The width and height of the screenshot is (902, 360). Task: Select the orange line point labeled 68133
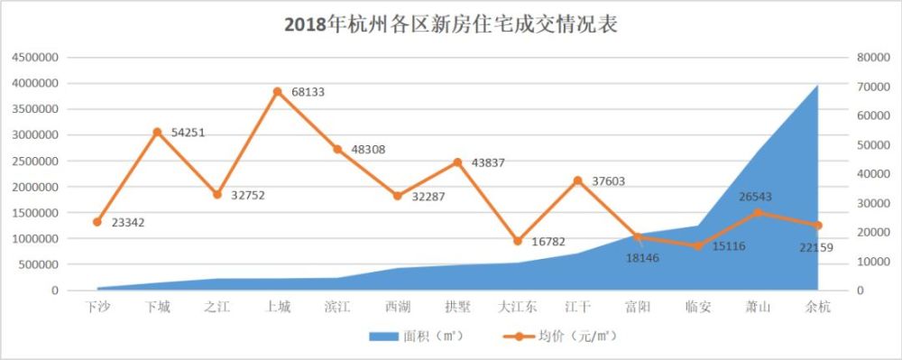coord(277,91)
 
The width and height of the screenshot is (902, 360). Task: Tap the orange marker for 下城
coord(157,132)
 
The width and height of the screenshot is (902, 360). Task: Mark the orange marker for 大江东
coord(517,242)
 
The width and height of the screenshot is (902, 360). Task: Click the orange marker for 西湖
coord(397,196)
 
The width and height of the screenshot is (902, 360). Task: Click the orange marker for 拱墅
coord(457,162)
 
